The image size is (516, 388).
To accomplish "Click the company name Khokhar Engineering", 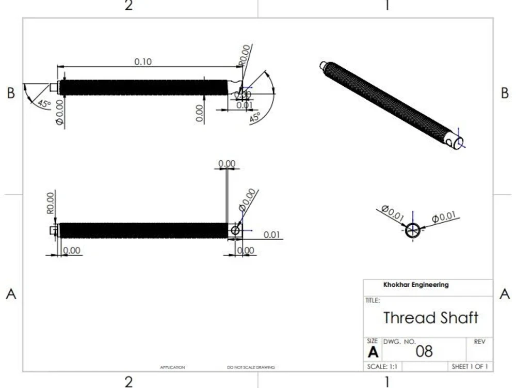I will [x=416, y=285].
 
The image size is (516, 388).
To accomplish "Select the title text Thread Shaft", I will [x=430, y=317].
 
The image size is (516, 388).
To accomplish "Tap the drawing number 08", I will [x=424, y=352].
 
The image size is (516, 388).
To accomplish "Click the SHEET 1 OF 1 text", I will [x=470, y=366].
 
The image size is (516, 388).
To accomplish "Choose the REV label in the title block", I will [x=479, y=342].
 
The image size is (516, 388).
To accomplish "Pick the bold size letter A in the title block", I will [x=373, y=352].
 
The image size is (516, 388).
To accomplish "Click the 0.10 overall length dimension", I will [x=143, y=61].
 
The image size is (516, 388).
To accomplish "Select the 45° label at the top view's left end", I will [x=43, y=103].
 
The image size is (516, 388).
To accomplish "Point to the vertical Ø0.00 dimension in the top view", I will [x=59, y=113].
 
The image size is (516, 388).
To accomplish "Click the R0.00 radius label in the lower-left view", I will [x=51, y=203].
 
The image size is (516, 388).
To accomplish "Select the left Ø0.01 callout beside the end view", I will [x=393, y=213].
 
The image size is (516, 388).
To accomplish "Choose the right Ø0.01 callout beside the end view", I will [x=444, y=217].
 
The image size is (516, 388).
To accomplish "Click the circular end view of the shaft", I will [x=412, y=230].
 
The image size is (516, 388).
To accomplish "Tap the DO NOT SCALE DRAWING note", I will [x=251, y=367].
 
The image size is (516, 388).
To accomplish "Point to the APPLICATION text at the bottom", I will [x=172, y=367].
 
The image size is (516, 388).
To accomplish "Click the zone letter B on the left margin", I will [x=11, y=94].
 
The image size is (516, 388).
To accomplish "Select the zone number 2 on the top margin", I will [x=128, y=6].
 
